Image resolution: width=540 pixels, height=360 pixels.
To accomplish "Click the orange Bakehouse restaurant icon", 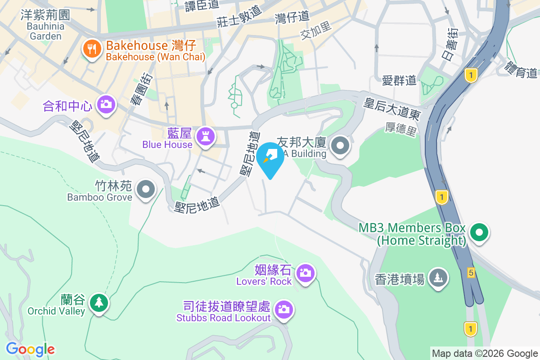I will click(x=92, y=49).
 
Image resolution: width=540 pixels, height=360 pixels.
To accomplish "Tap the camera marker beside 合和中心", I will click(x=106, y=105).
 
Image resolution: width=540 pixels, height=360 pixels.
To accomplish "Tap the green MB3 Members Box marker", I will click(x=479, y=233).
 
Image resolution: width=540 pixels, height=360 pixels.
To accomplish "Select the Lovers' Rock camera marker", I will click(x=306, y=273).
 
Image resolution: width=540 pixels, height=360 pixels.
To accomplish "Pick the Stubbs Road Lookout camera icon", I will click(x=283, y=310).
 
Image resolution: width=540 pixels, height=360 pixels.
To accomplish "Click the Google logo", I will click(x=30, y=349).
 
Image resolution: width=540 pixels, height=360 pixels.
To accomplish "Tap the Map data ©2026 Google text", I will click(x=485, y=353).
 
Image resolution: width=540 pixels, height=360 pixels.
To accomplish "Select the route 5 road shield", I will click(x=471, y=272).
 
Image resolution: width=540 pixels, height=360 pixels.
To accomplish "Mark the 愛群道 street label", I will click(x=399, y=80).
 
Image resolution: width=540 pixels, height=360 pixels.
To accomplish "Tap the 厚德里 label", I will click(x=401, y=130).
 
